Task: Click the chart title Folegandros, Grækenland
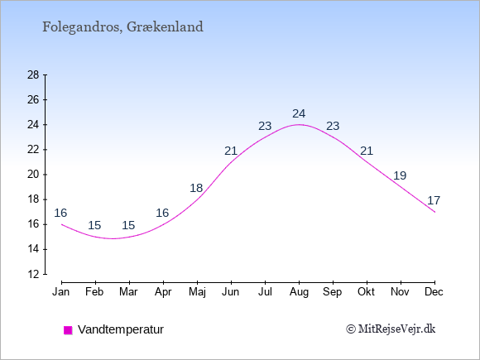click(x=122, y=27)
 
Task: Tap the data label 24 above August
click(x=299, y=114)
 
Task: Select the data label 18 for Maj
click(x=196, y=188)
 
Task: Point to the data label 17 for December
click(x=434, y=200)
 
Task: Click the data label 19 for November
click(x=400, y=175)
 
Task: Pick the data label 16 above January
click(x=60, y=213)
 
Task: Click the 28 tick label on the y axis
click(x=33, y=75)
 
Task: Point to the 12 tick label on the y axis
click(x=33, y=274)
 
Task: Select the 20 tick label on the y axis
click(x=33, y=175)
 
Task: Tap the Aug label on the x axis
click(x=299, y=292)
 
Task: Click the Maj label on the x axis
click(x=197, y=292)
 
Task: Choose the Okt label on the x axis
click(x=366, y=292)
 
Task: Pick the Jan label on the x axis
click(x=61, y=292)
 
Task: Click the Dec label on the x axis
click(x=434, y=292)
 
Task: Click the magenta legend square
click(x=68, y=330)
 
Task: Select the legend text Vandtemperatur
click(x=121, y=329)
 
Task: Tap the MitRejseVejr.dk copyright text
click(x=391, y=329)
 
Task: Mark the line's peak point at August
click(x=299, y=125)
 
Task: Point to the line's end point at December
click(x=434, y=212)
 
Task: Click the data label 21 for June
click(x=231, y=151)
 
